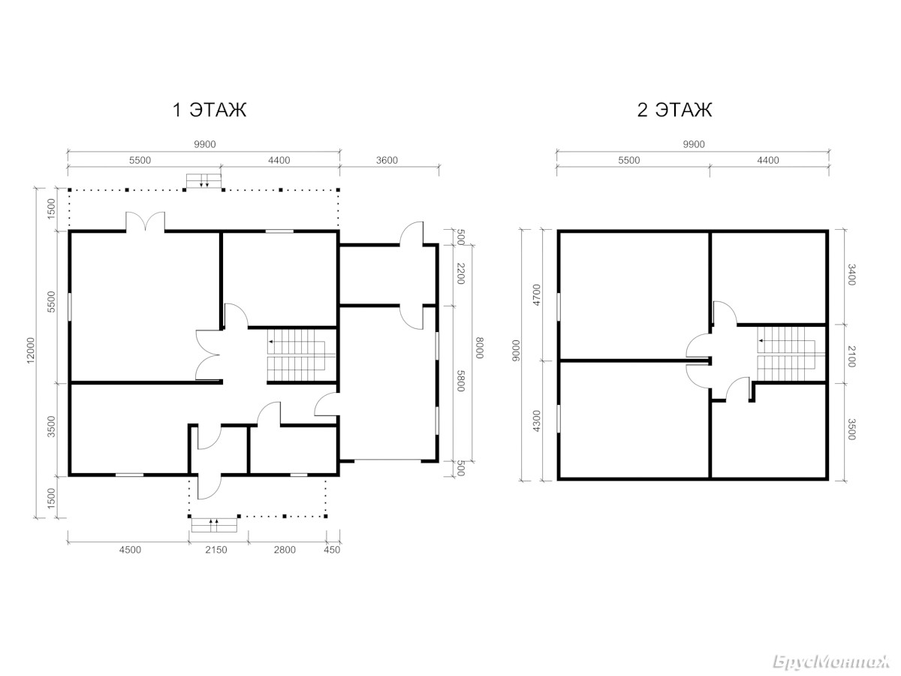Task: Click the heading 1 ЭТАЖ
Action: [209, 110]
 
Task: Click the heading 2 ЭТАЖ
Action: [674, 110]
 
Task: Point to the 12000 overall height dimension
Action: [30, 350]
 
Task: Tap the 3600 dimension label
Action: [387, 160]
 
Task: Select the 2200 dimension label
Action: [460, 273]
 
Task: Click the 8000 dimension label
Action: [480, 348]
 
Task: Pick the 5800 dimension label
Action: [460, 381]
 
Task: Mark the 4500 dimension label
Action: [130, 550]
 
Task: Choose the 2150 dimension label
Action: [216, 550]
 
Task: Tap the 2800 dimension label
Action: [285, 550]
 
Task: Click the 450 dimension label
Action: [332, 550]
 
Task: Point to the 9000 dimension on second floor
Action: [516, 350]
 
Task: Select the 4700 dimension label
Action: [537, 294]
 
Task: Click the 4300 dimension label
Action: [537, 421]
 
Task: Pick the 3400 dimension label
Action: [851, 275]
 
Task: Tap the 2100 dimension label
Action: [851, 356]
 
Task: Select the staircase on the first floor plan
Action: [301, 355]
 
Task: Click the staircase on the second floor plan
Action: [791, 355]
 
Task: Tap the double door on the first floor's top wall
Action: [146, 222]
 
